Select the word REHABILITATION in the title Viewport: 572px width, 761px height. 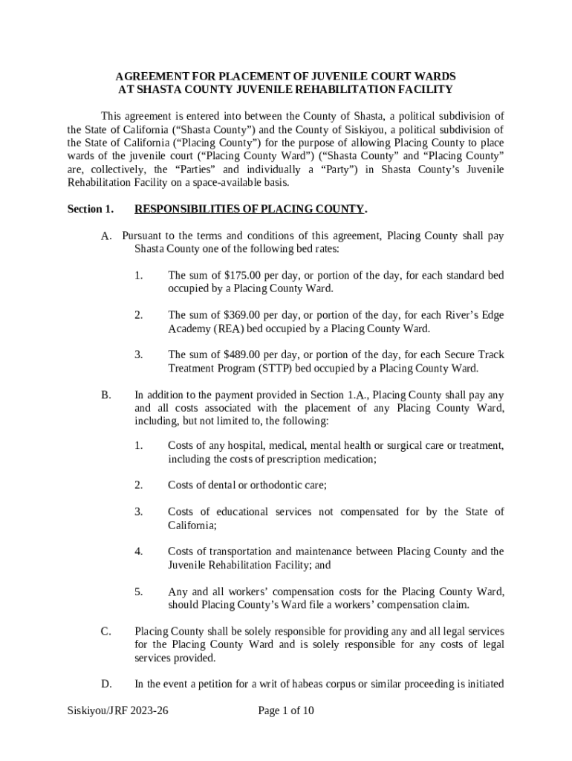[333, 90]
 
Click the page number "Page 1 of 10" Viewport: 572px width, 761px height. [286, 710]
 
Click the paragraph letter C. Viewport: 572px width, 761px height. [105, 632]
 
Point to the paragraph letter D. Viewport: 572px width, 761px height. [105, 684]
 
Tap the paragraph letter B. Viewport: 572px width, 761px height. [105, 395]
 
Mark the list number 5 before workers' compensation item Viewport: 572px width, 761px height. [138, 592]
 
